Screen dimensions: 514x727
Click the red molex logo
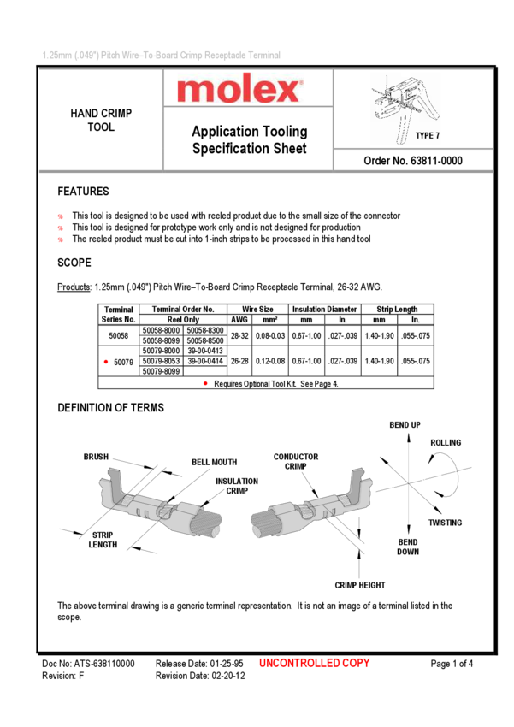click(240, 89)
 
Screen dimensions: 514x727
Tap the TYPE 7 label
click(427, 136)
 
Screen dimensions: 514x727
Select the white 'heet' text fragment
click(293, 149)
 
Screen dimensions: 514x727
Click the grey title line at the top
click(162, 56)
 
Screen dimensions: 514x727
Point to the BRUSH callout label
click(96, 458)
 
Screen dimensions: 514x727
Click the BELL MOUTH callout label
click(215, 463)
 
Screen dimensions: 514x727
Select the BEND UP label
click(405, 425)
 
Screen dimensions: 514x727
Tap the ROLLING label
click(446, 443)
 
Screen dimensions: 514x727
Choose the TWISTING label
click(445, 523)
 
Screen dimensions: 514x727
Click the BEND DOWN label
click(408, 547)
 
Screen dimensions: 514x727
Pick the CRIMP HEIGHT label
click(360, 586)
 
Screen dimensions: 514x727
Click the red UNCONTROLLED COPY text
click(314, 663)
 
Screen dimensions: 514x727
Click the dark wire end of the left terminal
click(207, 523)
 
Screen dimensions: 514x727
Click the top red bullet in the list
click(61, 217)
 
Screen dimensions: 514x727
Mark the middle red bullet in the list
click(61, 228)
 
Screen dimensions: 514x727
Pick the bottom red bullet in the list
click(61, 240)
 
